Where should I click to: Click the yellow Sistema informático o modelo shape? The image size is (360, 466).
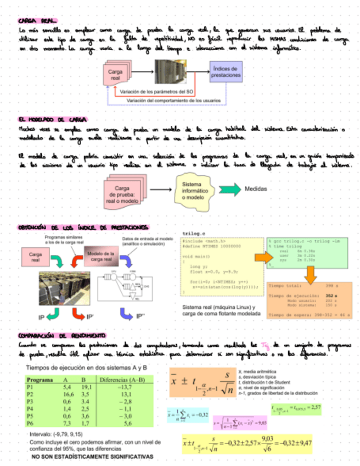[193, 190]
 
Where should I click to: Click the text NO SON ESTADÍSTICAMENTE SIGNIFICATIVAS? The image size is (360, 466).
[92, 457]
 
